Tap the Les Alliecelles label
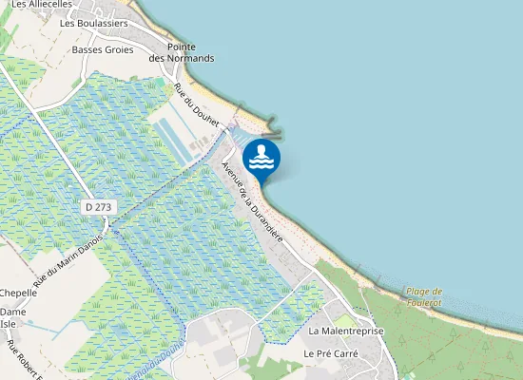point(42,5)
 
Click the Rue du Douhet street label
point(196,105)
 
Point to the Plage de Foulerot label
point(424,297)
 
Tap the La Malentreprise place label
point(344,331)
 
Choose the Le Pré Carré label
point(328,352)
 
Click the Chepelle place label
point(18,293)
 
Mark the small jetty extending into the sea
point(273,124)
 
